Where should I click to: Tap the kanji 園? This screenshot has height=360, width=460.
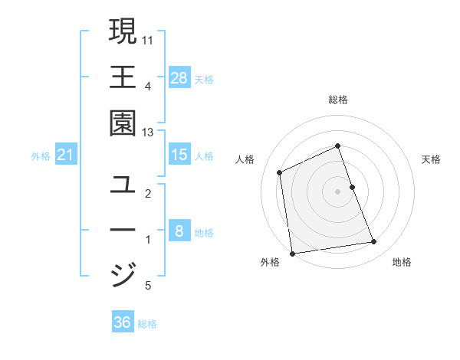123,123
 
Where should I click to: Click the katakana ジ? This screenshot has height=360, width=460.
123,274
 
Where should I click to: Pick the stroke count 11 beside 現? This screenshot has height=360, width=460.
149,38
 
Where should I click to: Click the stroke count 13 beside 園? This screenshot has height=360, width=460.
148,133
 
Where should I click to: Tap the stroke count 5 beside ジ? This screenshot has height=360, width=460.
148,286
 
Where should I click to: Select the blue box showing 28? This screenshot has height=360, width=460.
179,77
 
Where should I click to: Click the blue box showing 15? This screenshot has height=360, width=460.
179,155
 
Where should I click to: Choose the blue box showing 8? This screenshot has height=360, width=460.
179,231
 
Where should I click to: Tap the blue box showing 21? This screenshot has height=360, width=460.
66,155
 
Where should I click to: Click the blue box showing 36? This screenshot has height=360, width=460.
123,322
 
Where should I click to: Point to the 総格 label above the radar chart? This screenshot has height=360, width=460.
337,100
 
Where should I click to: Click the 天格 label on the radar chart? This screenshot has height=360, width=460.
432,159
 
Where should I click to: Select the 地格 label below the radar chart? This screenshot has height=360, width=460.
402,262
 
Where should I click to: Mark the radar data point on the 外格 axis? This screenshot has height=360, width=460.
292,253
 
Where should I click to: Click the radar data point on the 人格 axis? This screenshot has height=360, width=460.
280,172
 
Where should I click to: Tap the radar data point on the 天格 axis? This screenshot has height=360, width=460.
352,187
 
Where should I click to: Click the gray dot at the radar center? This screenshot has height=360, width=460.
337,191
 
